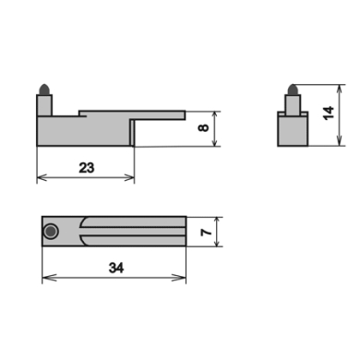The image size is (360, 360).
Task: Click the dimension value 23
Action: tap(87, 168)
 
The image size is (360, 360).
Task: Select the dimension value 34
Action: tap(116, 268)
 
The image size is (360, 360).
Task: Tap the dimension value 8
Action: tap(204, 127)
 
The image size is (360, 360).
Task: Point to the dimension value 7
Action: tap(207, 232)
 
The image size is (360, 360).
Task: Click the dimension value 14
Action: tap(329, 113)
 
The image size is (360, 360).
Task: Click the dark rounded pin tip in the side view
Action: tap(44, 90)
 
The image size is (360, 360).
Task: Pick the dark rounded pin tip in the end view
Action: tap(293, 90)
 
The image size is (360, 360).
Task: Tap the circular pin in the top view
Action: tap(51, 231)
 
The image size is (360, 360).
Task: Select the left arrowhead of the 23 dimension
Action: tap(42, 177)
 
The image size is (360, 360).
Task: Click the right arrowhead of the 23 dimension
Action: tap(129, 177)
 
